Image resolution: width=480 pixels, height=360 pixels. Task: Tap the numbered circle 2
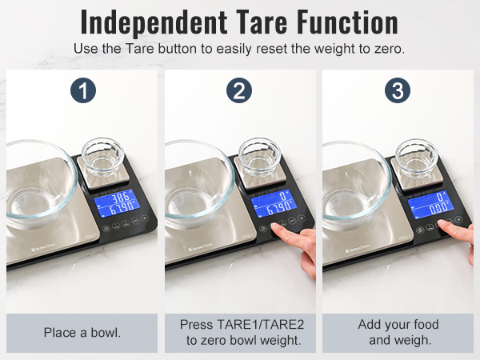(239, 90)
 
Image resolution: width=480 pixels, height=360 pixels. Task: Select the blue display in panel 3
(431, 203)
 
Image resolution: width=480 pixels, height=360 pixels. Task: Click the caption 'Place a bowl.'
(82, 331)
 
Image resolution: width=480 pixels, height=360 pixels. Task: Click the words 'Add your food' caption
(398, 324)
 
